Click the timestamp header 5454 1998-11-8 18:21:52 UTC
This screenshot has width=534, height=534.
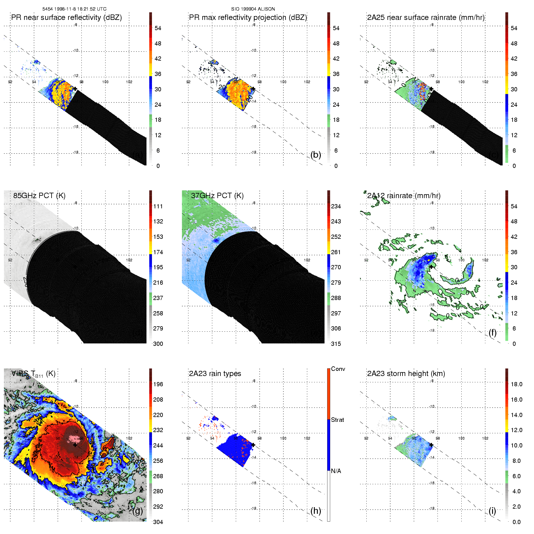[74, 9]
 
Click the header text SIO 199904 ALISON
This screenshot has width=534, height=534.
[253, 9]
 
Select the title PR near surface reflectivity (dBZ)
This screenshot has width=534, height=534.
[66, 17]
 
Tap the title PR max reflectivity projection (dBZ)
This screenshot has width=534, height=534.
[248, 17]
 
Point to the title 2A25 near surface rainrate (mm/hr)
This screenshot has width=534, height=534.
[426, 17]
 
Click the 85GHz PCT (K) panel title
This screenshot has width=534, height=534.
[39, 196]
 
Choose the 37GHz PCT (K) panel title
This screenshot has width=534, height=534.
[217, 196]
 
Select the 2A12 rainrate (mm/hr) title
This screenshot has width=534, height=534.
[404, 196]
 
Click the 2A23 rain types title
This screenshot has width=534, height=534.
[215, 374]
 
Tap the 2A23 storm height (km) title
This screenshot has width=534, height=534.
[406, 374]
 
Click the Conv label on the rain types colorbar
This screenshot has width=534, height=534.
[338, 369]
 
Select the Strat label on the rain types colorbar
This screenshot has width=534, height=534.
[337, 420]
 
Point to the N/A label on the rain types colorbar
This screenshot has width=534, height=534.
[336, 471]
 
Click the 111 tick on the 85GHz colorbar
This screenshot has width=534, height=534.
[158, 207]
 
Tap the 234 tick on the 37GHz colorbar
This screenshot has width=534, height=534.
[336, 207]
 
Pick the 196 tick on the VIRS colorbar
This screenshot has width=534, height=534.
[158, 384]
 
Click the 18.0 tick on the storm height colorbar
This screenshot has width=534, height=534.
[516, 384]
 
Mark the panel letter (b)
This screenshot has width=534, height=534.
[316, 155]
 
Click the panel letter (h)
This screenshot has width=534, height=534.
[316, 511]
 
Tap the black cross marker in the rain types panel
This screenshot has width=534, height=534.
[253, 445]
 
